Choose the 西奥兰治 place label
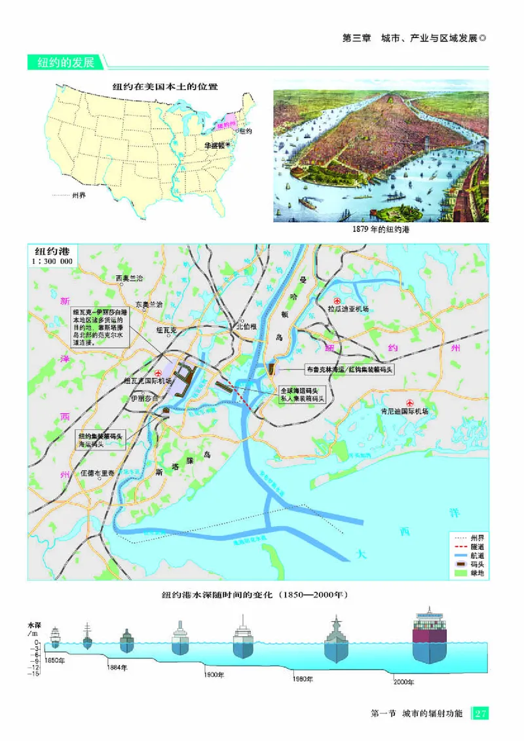coord(129,278)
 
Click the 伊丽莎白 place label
coord(145,398)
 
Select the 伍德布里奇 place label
coord(97,472)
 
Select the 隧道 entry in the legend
coord(470,546)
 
